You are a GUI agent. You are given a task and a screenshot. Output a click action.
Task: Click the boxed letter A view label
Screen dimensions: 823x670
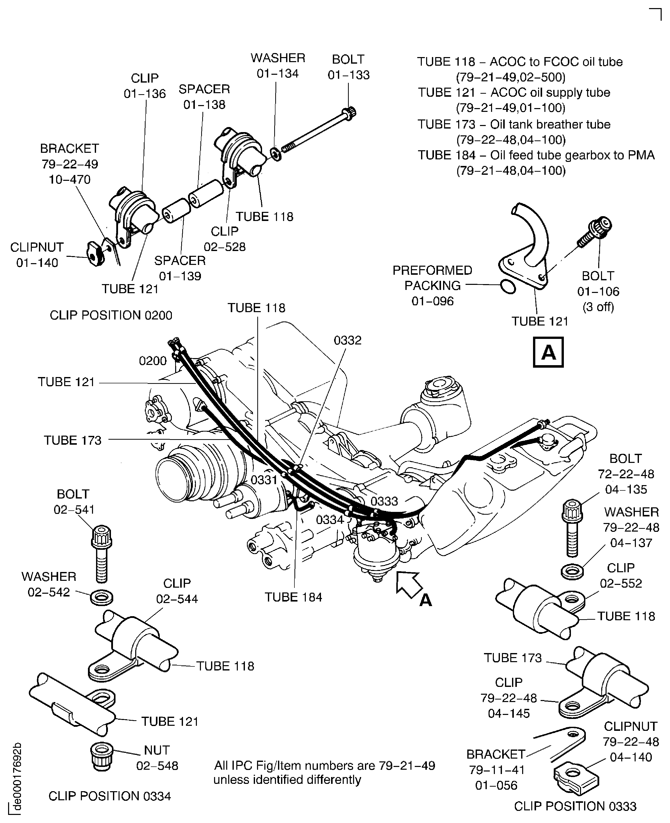click(x=548, y=352)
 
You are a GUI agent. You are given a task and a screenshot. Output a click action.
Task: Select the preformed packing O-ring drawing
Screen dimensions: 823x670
click(x=507, y=287)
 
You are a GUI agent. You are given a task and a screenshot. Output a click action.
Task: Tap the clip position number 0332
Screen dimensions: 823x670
click(x=347, y=340)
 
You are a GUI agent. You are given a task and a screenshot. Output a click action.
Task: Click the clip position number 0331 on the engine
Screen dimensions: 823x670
click(x=264, y=480)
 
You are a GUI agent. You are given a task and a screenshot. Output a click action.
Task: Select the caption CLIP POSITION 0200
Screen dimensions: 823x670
click(x=111, y=315)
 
